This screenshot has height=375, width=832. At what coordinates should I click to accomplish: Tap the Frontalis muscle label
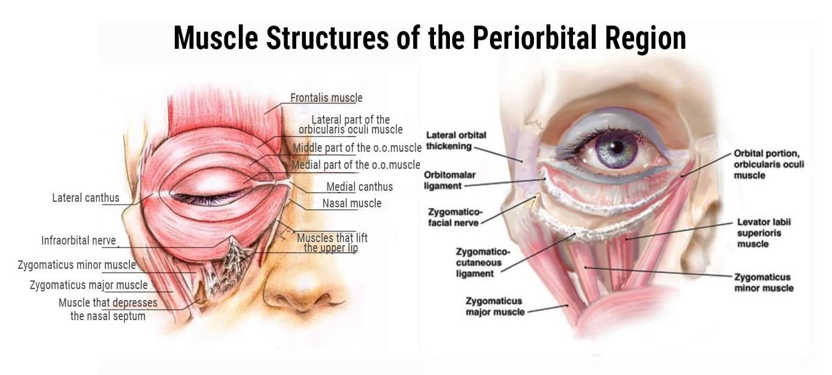326,98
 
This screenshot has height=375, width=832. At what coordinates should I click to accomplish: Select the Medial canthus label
359,187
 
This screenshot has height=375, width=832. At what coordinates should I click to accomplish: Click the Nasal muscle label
352,203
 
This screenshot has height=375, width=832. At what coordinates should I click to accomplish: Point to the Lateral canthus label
85,198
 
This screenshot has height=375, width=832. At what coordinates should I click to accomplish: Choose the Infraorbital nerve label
78,240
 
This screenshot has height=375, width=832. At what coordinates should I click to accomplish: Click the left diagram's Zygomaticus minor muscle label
77,265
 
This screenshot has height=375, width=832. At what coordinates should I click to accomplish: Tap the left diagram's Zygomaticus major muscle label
88,285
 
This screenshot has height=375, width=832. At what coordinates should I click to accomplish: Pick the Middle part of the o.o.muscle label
357,148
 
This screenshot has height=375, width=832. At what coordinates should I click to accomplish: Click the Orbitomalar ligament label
450,180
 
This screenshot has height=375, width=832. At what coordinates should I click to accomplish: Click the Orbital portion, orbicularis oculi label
769,164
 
